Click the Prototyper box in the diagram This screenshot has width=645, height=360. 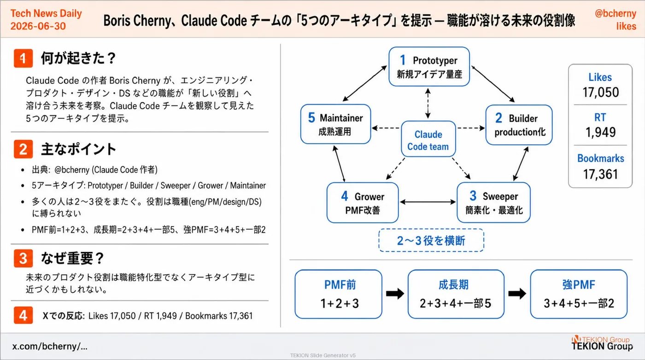(x=429, y=67)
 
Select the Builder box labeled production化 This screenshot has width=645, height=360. (x=519, y=125)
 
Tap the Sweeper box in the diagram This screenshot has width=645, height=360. (x=493, y=203)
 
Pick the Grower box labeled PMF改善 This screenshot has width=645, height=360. (x=363, y=203)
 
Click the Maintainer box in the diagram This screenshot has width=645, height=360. (x=335, y=124)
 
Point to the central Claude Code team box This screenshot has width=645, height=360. (x=428, y=139)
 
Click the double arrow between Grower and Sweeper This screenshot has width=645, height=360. (x=428, y=202)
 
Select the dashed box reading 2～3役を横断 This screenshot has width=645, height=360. (x=431, y=240)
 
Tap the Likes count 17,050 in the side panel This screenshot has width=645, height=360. (x=601, y=93)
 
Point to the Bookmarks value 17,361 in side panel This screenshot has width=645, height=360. (x=601, y=174)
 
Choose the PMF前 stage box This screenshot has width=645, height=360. (x=339, y=294)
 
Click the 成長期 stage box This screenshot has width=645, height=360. (x=456, y=294)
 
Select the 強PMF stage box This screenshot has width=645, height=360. (x=579, y=294)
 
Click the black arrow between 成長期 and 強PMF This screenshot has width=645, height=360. (x=517, y=294)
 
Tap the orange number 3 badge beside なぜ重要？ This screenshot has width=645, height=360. (x=23, y=258)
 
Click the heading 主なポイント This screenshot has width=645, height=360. (x=78, y=149)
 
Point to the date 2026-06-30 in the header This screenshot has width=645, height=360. (x=38, y=26)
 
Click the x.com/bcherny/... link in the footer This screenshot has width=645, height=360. (x=50, y=346)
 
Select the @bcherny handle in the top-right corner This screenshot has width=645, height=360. (x=616, y=13)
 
